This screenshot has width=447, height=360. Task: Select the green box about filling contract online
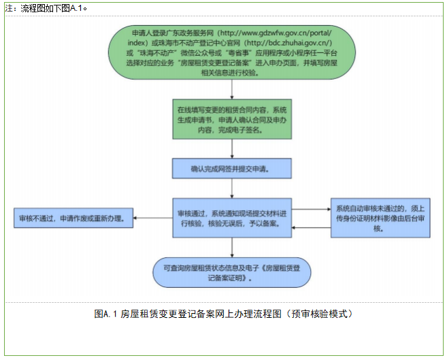pyautogui.click(x=233, y=120)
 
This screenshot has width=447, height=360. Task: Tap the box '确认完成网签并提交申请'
pyautogui.click(x=233, y=167)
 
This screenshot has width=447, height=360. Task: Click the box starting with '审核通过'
pyautogui.click(x=233, y=218)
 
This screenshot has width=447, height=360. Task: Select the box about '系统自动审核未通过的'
pyautogui.click(x=380, y=218)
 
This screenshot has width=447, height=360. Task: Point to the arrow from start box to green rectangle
pyautogui.click(x=233, y=88)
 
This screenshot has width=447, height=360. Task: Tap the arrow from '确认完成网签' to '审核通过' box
pyautogui.click(x=233, y=187)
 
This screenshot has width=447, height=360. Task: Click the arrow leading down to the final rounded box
pyautogui.click(x=233, y=246)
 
